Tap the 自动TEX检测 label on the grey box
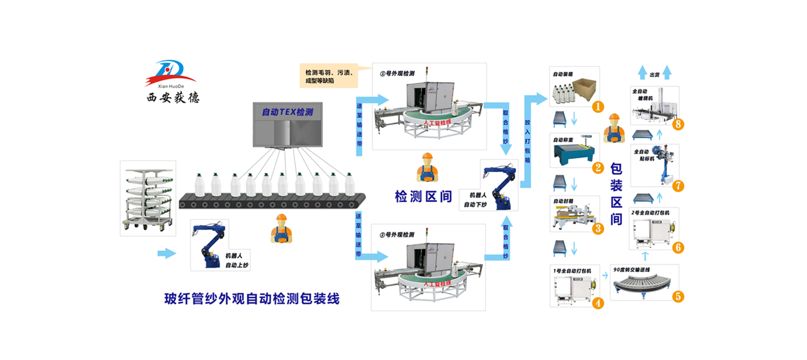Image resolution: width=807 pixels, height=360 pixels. click(287, 112)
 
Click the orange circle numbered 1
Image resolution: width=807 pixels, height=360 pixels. click(598, 107)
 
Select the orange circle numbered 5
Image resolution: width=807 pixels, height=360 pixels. click(678, 297)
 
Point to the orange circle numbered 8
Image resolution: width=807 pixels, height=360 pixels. click(678, 124)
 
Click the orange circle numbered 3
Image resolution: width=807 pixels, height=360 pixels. click(598, 229)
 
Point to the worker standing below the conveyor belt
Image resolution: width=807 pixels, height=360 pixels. click(281, 229)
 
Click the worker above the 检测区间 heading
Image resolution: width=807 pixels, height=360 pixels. click(427, 167)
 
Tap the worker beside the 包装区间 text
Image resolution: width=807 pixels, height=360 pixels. click(614, 128)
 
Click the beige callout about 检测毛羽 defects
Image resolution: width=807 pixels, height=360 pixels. click(329, 76)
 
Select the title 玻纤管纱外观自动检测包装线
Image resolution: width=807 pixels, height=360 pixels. click(252, 299)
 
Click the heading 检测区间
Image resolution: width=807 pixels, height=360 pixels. click(423, 197)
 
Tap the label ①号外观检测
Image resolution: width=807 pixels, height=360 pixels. click(397, 73)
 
